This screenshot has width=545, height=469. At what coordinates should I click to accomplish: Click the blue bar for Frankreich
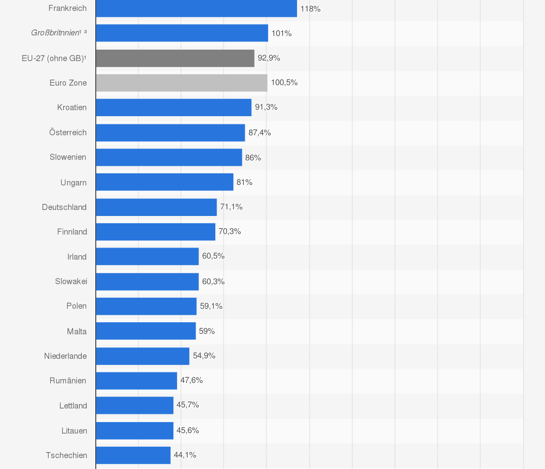point(196,8)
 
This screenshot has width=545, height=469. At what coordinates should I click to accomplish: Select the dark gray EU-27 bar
point(175,58)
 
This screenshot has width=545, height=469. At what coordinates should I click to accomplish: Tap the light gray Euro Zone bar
point(181,83)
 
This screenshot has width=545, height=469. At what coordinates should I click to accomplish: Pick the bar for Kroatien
point(173,107)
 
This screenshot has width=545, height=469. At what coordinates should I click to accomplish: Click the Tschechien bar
point(133,455)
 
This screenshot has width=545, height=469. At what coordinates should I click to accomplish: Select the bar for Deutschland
point(156,207)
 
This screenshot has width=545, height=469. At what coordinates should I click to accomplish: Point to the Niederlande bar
point(142,356)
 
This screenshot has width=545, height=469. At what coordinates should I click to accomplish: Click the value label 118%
point(310,9)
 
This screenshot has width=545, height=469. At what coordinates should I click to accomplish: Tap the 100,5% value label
point(284,83)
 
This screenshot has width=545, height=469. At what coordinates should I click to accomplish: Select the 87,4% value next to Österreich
point(259,133)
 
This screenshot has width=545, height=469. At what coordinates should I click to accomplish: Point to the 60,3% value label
point(213,281)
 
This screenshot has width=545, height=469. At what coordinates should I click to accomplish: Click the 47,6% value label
point(191,380)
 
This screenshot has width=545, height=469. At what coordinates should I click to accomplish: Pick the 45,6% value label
point(187,430)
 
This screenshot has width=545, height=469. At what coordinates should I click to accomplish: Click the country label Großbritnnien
point(56,33)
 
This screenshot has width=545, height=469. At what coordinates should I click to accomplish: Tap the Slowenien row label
point(68,157)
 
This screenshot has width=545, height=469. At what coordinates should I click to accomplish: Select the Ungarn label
point(73,182)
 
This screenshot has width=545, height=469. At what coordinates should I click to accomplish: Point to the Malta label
point(76,331)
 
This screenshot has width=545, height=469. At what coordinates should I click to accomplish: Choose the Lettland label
point(73,406)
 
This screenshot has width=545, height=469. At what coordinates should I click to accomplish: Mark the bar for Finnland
point(155,232)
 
